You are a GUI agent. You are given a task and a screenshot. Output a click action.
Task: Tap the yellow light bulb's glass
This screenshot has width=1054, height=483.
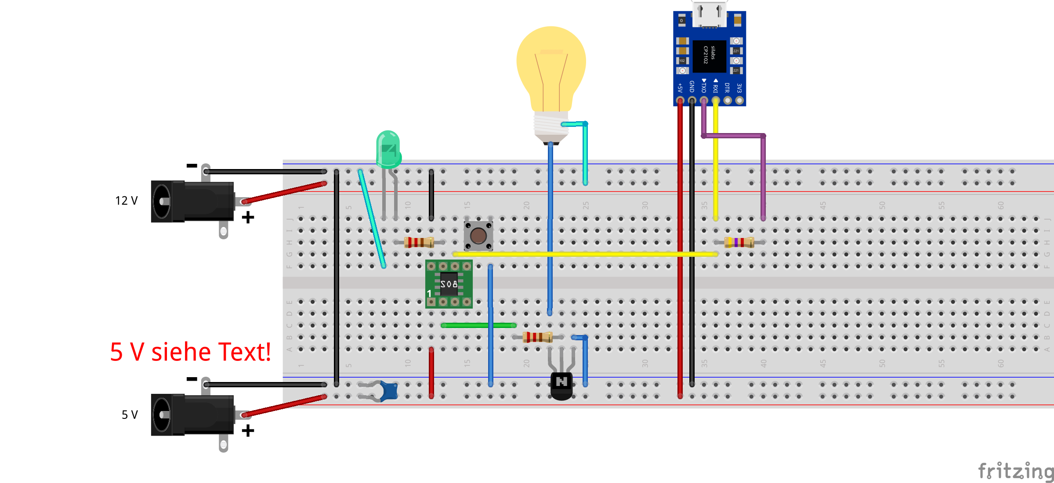(x=551, y=66)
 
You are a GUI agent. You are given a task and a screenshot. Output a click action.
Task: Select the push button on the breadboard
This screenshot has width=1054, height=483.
(x=478, y=236)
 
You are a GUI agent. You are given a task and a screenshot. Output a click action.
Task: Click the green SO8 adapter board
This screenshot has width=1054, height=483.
(x=449, y=284)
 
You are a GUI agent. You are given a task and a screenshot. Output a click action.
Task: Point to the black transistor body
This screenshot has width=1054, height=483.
(x=561, y=386)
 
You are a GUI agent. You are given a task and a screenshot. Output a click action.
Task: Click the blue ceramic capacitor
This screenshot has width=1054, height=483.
(x=389, y=391)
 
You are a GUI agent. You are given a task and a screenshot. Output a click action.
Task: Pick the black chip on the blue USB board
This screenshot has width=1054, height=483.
(x=709, y=56)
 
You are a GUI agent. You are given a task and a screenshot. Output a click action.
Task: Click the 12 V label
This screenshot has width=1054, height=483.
(x=127, y=201)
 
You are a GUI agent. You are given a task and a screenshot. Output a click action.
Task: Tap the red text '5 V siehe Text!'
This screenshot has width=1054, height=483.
(x=190, y=352)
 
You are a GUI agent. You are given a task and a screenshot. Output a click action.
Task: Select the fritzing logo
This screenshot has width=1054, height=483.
(x=1015, y=471)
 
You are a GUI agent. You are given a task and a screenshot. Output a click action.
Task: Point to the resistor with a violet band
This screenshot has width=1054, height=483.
(x=739, y=242)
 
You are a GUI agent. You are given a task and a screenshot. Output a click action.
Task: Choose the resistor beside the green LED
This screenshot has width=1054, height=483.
(x=419, y=242)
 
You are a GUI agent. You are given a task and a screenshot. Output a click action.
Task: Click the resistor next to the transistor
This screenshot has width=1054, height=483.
(x=537, y=337)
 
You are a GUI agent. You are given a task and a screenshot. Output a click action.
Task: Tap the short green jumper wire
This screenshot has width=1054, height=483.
(x=478, y=325)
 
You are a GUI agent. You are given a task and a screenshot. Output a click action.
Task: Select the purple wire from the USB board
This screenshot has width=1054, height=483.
(x=763, y=176)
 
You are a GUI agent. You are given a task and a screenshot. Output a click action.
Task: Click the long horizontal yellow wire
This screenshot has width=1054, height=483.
(x=584, y=254)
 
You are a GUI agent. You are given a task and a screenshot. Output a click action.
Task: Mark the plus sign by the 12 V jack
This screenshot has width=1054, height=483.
(x=248, y=217)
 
